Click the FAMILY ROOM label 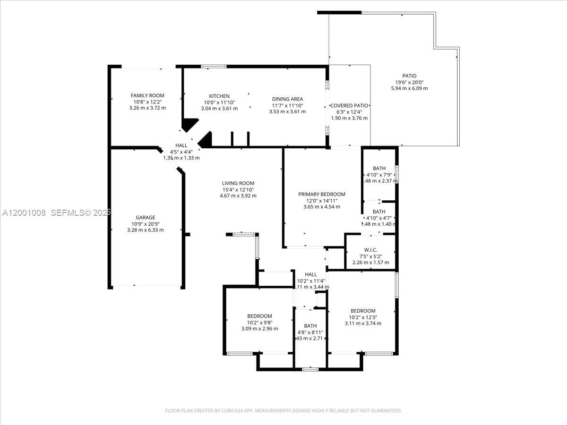(147, 96)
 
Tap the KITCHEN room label (219, 96)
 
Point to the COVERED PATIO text (349, 106)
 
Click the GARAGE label (145, 218)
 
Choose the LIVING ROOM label (238, 183)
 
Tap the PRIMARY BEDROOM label (321, 194)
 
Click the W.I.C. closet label (370, 250)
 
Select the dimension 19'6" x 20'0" (409, 82)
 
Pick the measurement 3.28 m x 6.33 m (145, 230)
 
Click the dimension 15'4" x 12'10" (238, 189)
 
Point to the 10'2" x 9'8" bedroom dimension (259, 323)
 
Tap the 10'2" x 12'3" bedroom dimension (363, 317)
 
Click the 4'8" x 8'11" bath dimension (310, 332)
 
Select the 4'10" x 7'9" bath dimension (379, 174)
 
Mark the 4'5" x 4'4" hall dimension (181, 152)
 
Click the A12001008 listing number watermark (24, 213)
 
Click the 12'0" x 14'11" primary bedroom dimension (321, 201)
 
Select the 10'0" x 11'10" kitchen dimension (219, 102)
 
